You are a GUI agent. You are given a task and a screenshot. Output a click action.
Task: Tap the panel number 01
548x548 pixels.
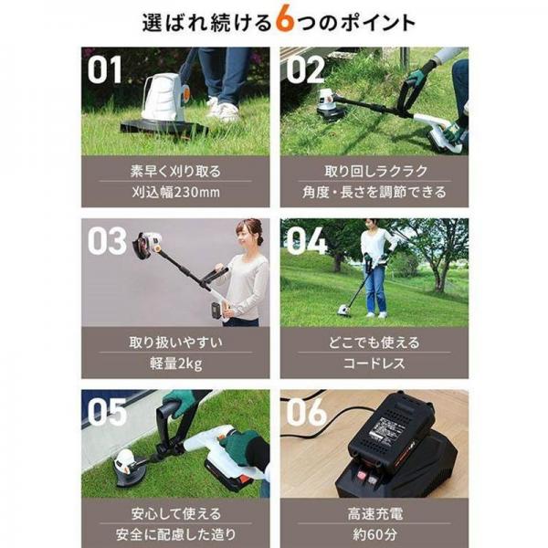(105, 70)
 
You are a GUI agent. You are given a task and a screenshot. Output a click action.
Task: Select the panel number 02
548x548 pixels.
(305, 70)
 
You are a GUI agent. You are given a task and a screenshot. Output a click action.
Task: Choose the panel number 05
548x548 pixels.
(107, 413)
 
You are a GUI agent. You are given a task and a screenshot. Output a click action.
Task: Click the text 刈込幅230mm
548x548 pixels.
(175, 192)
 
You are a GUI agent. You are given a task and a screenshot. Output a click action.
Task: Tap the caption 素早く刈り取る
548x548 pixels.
(175, 170)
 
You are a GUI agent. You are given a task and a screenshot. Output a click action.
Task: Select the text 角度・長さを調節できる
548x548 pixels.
(374, 192)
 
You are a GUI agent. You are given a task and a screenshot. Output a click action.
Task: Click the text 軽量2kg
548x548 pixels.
(175, 364)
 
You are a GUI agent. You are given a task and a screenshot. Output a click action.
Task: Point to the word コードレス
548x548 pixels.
(374, 364)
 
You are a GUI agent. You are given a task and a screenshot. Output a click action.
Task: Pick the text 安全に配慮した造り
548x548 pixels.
(175, 533)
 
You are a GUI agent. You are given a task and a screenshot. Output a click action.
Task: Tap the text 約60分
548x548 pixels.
(374, 533)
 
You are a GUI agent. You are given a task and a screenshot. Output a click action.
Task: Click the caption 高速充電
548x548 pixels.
(374, 512)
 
